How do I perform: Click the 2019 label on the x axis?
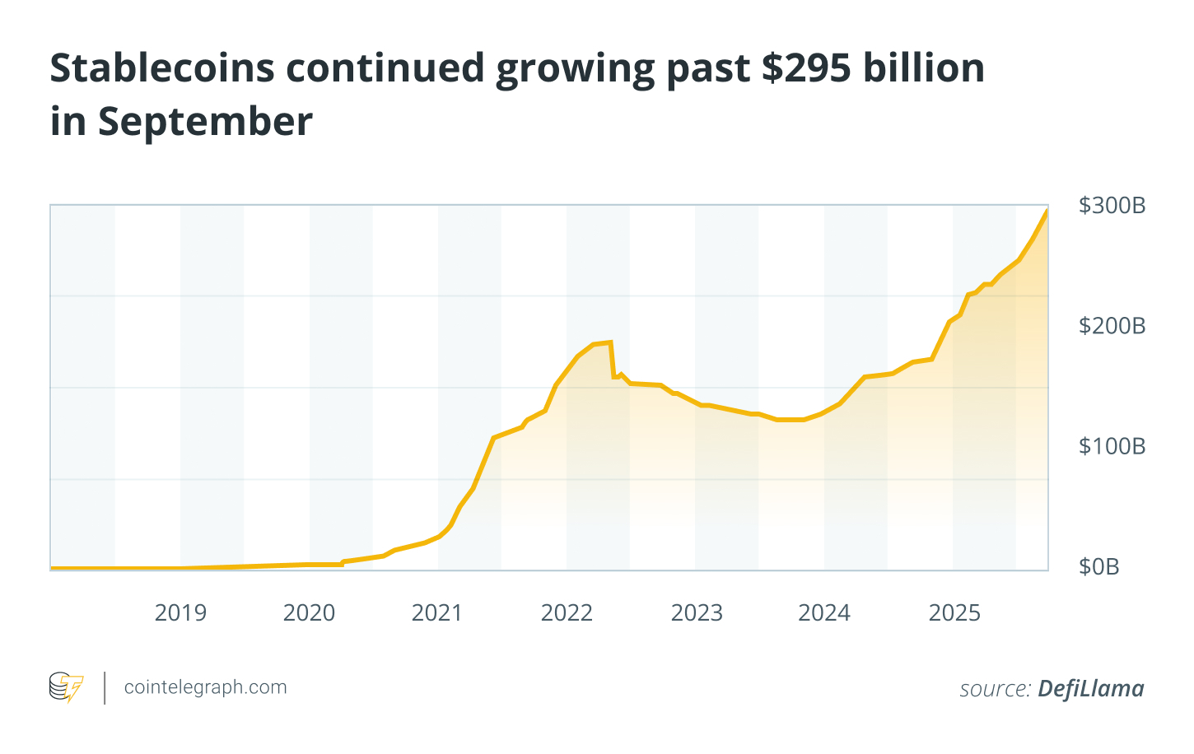[180, 613]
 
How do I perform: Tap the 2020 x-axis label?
[309, 613]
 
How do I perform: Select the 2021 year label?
[437, 613]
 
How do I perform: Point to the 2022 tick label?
[567, 613]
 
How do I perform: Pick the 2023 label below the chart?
[697, 613]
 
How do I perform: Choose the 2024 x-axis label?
[824, 613]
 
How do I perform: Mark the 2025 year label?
[954, 613]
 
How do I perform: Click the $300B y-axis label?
[1112, 206]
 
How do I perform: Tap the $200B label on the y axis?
[1112, 326]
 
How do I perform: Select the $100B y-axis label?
[1112, 446]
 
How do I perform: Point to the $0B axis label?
[1099, 566]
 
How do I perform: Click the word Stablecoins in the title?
[162, 68]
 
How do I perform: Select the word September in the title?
[205, 122]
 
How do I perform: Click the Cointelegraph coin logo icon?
[66, 687]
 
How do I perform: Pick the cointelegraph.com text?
[205, 687]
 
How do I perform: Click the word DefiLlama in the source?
[1090, 688]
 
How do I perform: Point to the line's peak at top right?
[1047, 211]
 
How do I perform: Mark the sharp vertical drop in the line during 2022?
[612, 360]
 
